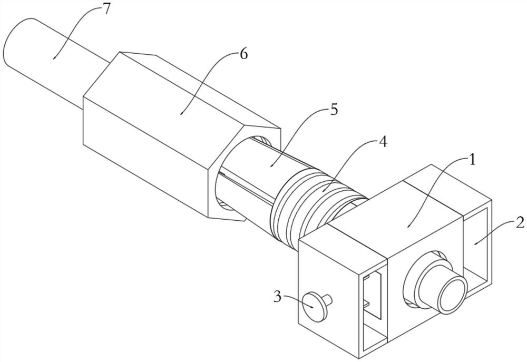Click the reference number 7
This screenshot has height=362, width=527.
[x=106, y=9]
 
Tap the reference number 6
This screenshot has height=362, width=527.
[x=243, y=54]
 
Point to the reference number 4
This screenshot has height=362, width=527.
[x=384, y=142]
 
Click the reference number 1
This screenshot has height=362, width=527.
[x=472, y=159]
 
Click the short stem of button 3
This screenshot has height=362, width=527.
[x=329, y=300]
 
